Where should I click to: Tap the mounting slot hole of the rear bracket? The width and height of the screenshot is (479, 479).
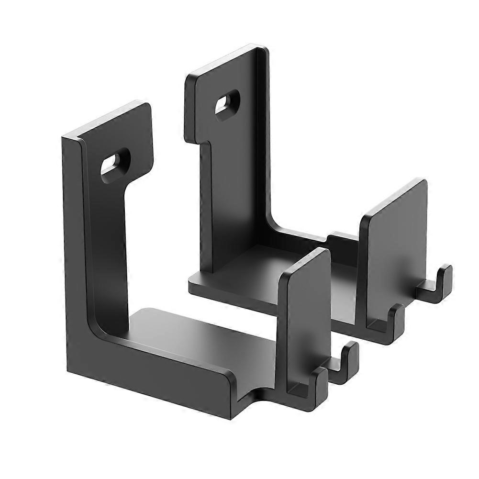[x=227, y=102]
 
